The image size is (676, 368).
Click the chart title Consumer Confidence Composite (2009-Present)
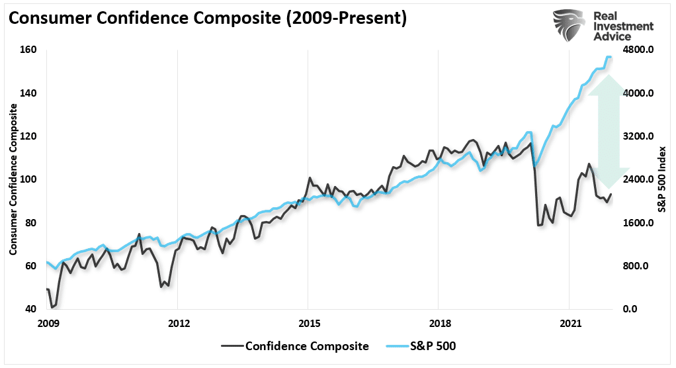click(x=207, y=19)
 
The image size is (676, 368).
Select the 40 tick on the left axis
click(x=30, y=309)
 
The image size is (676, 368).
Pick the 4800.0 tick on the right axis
click(x=640, y=50)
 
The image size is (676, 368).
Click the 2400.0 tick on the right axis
click(x=640, y=179)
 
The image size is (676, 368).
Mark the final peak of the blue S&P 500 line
click(x=609, y=57)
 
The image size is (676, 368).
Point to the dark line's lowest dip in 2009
click(x=52, y=307)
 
